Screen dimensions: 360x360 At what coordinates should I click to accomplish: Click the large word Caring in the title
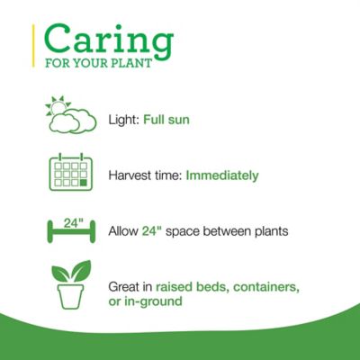tap(108, 40)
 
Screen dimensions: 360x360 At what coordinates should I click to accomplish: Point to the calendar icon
tap(71, 173)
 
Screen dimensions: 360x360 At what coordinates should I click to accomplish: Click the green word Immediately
tap(222, 175)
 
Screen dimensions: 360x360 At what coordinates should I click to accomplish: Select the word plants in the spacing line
tap(269, 231)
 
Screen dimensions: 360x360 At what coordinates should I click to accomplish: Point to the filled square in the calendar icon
tap(84, 183)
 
